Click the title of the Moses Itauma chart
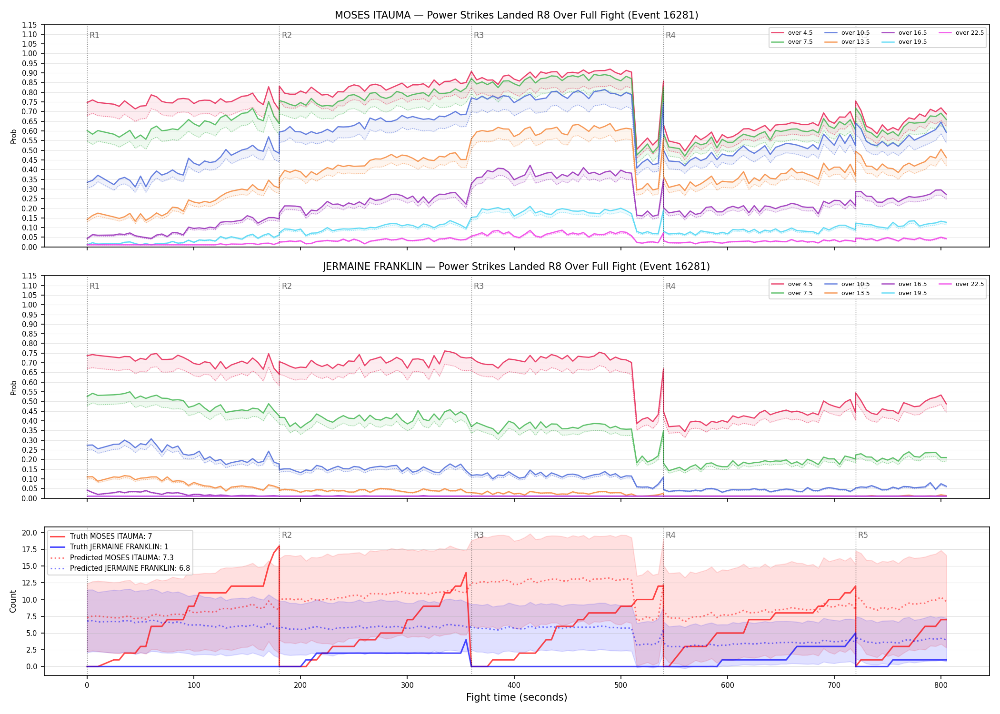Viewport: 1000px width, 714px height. click(516, 15)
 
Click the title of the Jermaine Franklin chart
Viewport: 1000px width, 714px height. click(516, 267)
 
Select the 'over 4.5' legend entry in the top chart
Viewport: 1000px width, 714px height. click(792, 33)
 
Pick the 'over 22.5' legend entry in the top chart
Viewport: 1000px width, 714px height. click(961, 33)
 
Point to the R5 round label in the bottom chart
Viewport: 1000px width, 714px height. click(863, 535)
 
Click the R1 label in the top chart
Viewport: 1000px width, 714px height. click(94, 35)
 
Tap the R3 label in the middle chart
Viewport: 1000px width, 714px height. click(479, 286)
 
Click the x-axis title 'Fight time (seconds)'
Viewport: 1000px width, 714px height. click(517, 697)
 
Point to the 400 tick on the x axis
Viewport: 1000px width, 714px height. click(514, 685)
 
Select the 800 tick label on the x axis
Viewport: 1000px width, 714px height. click(941, 685)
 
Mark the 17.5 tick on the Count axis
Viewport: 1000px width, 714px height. click(30, 549)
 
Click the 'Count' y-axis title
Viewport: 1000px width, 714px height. click(13, 601)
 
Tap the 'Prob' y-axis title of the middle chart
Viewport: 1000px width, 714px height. click(13, 387)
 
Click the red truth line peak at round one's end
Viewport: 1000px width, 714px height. click(279, 546)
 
